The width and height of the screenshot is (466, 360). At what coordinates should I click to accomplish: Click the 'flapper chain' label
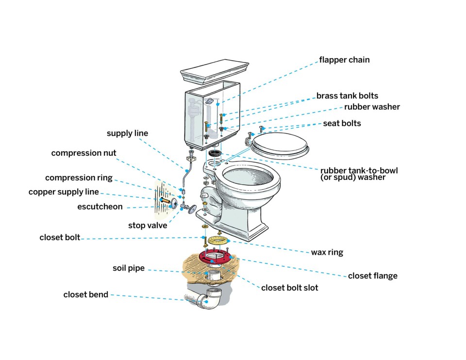pyautogui.click(x=344, y=60)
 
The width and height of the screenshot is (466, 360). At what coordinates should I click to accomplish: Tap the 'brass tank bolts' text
pyautogui.click(x=347, y=96)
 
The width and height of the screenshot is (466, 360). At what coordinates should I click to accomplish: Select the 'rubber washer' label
pyautogui.click(x=372, y=107)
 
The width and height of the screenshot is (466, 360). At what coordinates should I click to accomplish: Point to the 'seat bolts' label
pyautogui.click(x=342, y=123)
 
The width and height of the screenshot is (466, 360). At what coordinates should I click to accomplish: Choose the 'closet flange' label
pyautogui.click(x=372, y=276)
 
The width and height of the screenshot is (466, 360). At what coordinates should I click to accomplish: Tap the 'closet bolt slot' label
pyautogui.click(x=289, y=288)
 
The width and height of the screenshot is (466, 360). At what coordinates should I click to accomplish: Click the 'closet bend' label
pyautogui.click(x=86, y=295)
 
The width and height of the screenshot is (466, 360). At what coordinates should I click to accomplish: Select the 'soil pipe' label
pyautogui.click(x=129, y=268)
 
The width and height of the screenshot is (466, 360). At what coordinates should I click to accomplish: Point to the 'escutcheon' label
pyautogui.click(x=100, y=207)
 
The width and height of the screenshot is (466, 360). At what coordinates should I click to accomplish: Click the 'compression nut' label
pyautogui.click(x=83, y=153)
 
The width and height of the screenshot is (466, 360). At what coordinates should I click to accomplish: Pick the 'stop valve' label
pyautogui.click(x=148, y=226)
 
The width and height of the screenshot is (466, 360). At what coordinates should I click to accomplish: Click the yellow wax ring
pyautogui.click(x=216, y=241)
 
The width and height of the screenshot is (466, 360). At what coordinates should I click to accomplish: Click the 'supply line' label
pyautogui.click(x=127, y=133)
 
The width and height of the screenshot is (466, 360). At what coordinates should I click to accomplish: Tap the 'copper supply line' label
pyautogui.click(x=64, y=192)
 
